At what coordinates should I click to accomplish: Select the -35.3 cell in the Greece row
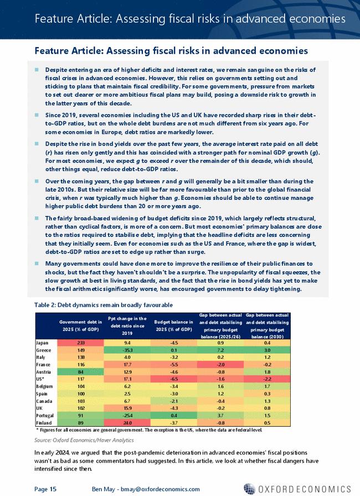pos(127,350)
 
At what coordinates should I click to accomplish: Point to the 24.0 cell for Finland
pos(127,422)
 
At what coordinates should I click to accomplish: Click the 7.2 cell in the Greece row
pos(219,350)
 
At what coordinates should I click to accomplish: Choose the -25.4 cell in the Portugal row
pos(127,415)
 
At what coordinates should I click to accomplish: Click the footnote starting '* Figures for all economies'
pos(141,429)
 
